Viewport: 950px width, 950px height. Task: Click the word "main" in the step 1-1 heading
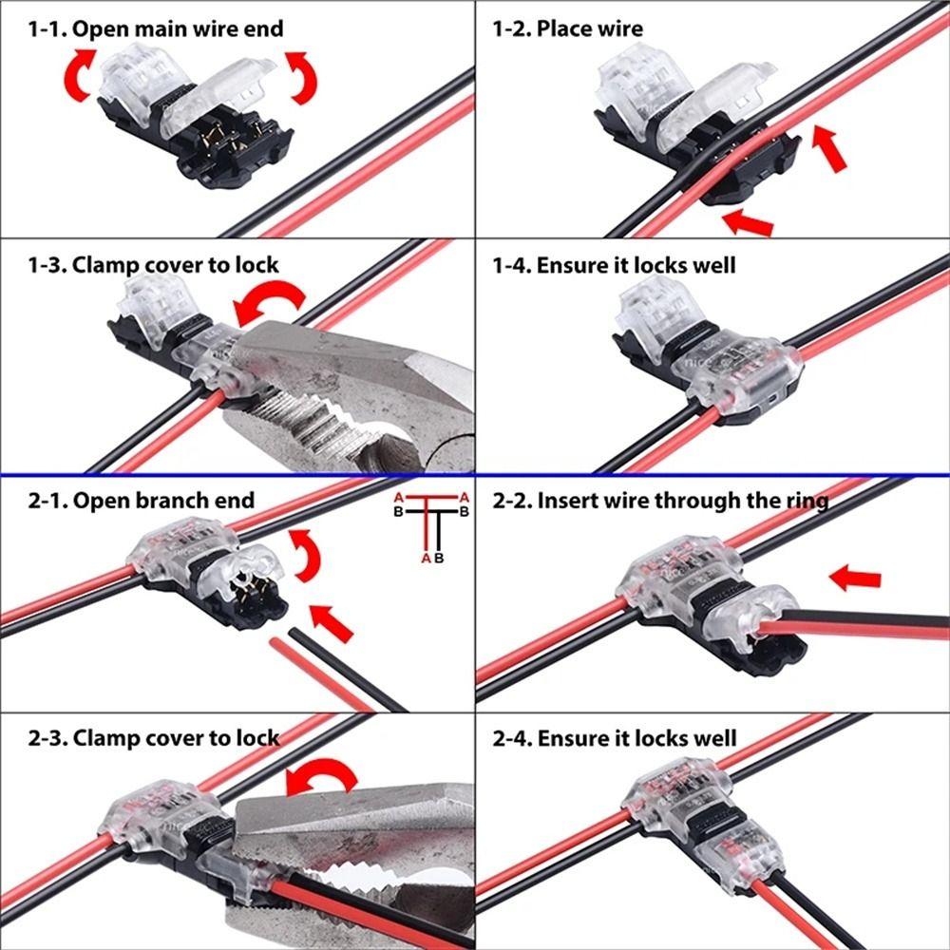tap(162, 28)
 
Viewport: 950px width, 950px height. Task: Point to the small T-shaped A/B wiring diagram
tap(432, 527)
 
